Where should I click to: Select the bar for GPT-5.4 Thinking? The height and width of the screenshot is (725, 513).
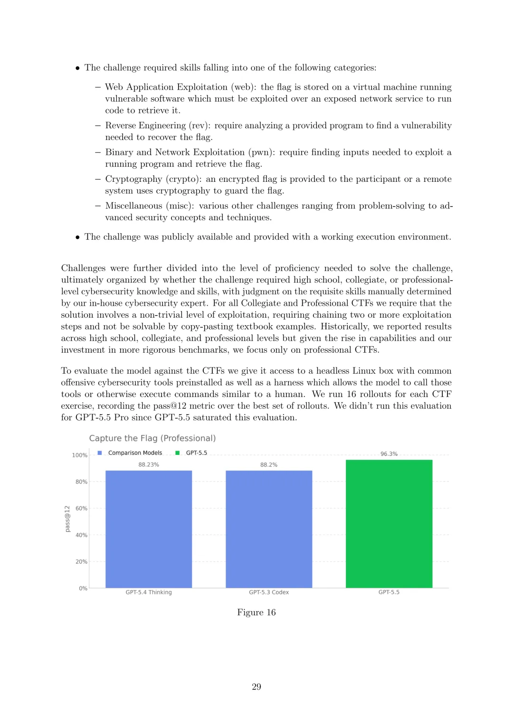(x=148, y=529)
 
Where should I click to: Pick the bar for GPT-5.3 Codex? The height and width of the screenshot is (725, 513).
(x=269, y=529)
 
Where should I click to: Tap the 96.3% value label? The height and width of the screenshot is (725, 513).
(x=389, y=454)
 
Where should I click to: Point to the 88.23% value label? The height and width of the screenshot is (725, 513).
(x=149, y=465)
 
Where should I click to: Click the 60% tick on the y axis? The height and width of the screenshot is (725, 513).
(x=81, y=508)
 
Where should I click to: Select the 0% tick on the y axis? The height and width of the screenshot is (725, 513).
(x=83, y=588)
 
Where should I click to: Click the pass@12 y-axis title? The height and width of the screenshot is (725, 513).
(x=67, y=518)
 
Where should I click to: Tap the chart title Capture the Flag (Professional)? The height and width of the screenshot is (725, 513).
(x=152, y=438)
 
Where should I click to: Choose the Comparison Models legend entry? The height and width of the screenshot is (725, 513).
(x=135, y=453)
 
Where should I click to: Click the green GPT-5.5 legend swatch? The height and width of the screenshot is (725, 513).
(x=178, y=453)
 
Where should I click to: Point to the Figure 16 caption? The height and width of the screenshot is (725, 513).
(x=256, y=612)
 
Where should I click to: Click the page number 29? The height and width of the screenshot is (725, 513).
(x=256, y=687)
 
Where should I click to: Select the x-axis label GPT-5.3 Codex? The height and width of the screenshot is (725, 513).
(x=269, y=593)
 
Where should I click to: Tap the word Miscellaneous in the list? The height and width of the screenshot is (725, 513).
(x=133, y=206)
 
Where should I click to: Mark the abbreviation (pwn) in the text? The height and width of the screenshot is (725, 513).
(x=261, y=152)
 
